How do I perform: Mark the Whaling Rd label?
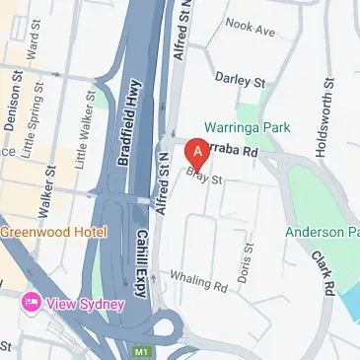point(198,281)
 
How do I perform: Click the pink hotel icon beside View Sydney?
point(31,303)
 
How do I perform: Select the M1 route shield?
point(142,349)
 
